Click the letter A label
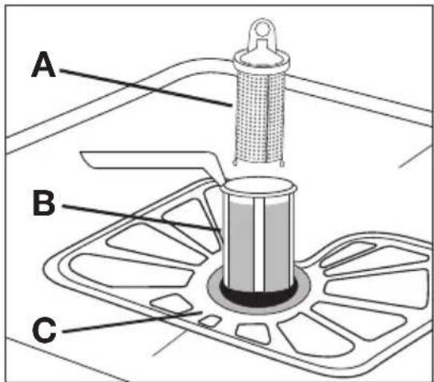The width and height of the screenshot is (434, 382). coord(43,65)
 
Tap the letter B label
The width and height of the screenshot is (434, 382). coord(44,203)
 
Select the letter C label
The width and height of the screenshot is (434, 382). coord(44,330)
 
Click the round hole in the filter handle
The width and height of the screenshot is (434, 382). coord(262,29)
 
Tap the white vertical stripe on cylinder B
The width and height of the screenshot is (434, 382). coord(259,244)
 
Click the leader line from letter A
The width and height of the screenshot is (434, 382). coord(146,87)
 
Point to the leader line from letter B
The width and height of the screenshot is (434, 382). coord(141,217)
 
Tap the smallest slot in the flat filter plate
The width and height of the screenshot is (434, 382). coord(210,320)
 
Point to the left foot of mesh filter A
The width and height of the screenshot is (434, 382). coord(235,163)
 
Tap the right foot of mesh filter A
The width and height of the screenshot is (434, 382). coord(282,163)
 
